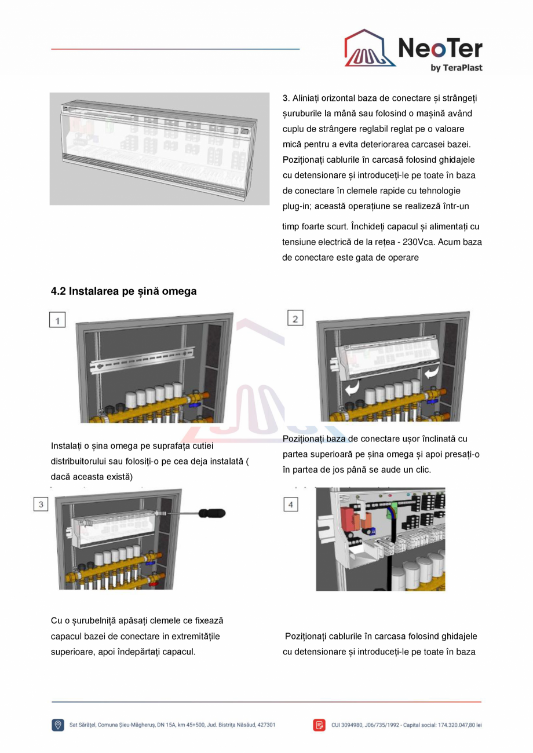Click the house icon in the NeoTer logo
pyautogui.click(x=370, y=49)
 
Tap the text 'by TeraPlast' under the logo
pyautogui.click(x=457, y=68)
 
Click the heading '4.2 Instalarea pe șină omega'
pyautogui.click(x=123, y=291)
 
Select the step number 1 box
pyautogui.click(x=57, y=320)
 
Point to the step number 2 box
pyautogui.click(x=295, y=318)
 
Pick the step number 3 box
pyautogui.click(x=41, y=504)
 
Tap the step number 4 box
pyautogui.click(x=290, y=505)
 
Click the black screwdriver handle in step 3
pyautogui.click(x=211, y=513)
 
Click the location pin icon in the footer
pyautogui.click(x=58, y=725)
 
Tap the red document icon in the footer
pyautogui.click(x=319, y=725)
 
